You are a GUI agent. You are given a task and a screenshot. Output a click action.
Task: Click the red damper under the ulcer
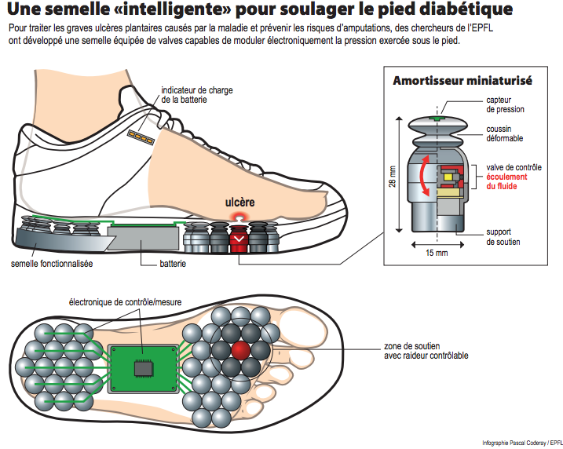pos(239,239)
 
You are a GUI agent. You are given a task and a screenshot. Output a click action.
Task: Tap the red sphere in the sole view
pos(240,351)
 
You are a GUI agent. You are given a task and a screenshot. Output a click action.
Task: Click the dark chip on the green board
pos(144,368)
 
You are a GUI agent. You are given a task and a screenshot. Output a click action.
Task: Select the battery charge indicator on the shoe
pos(141,138)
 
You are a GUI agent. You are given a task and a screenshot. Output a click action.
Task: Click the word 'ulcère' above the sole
pos(239,203)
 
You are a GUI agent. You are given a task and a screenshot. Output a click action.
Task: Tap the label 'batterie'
pos(173,264)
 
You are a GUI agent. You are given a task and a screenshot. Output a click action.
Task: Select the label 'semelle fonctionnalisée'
pos(52,264)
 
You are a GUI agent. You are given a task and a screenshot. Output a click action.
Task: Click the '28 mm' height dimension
pos(393,177)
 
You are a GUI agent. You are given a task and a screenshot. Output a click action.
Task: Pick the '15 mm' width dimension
pos(437,253)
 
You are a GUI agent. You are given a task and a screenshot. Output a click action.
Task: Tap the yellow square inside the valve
pos(448,177)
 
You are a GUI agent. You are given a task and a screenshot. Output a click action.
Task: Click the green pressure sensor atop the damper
pos(437,118)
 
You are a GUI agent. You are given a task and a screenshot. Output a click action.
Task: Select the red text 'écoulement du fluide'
pos(506,181)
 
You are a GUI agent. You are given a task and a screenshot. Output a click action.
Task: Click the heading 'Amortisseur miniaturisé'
pos(462,81)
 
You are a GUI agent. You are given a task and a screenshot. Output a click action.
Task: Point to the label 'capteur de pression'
pos(505,105)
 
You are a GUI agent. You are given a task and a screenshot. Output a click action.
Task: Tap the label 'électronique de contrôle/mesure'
pos(125,302)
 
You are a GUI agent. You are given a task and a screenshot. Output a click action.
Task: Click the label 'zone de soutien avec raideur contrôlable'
pos(426,351)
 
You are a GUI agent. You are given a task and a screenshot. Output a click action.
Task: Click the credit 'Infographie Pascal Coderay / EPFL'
pos(522,443)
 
